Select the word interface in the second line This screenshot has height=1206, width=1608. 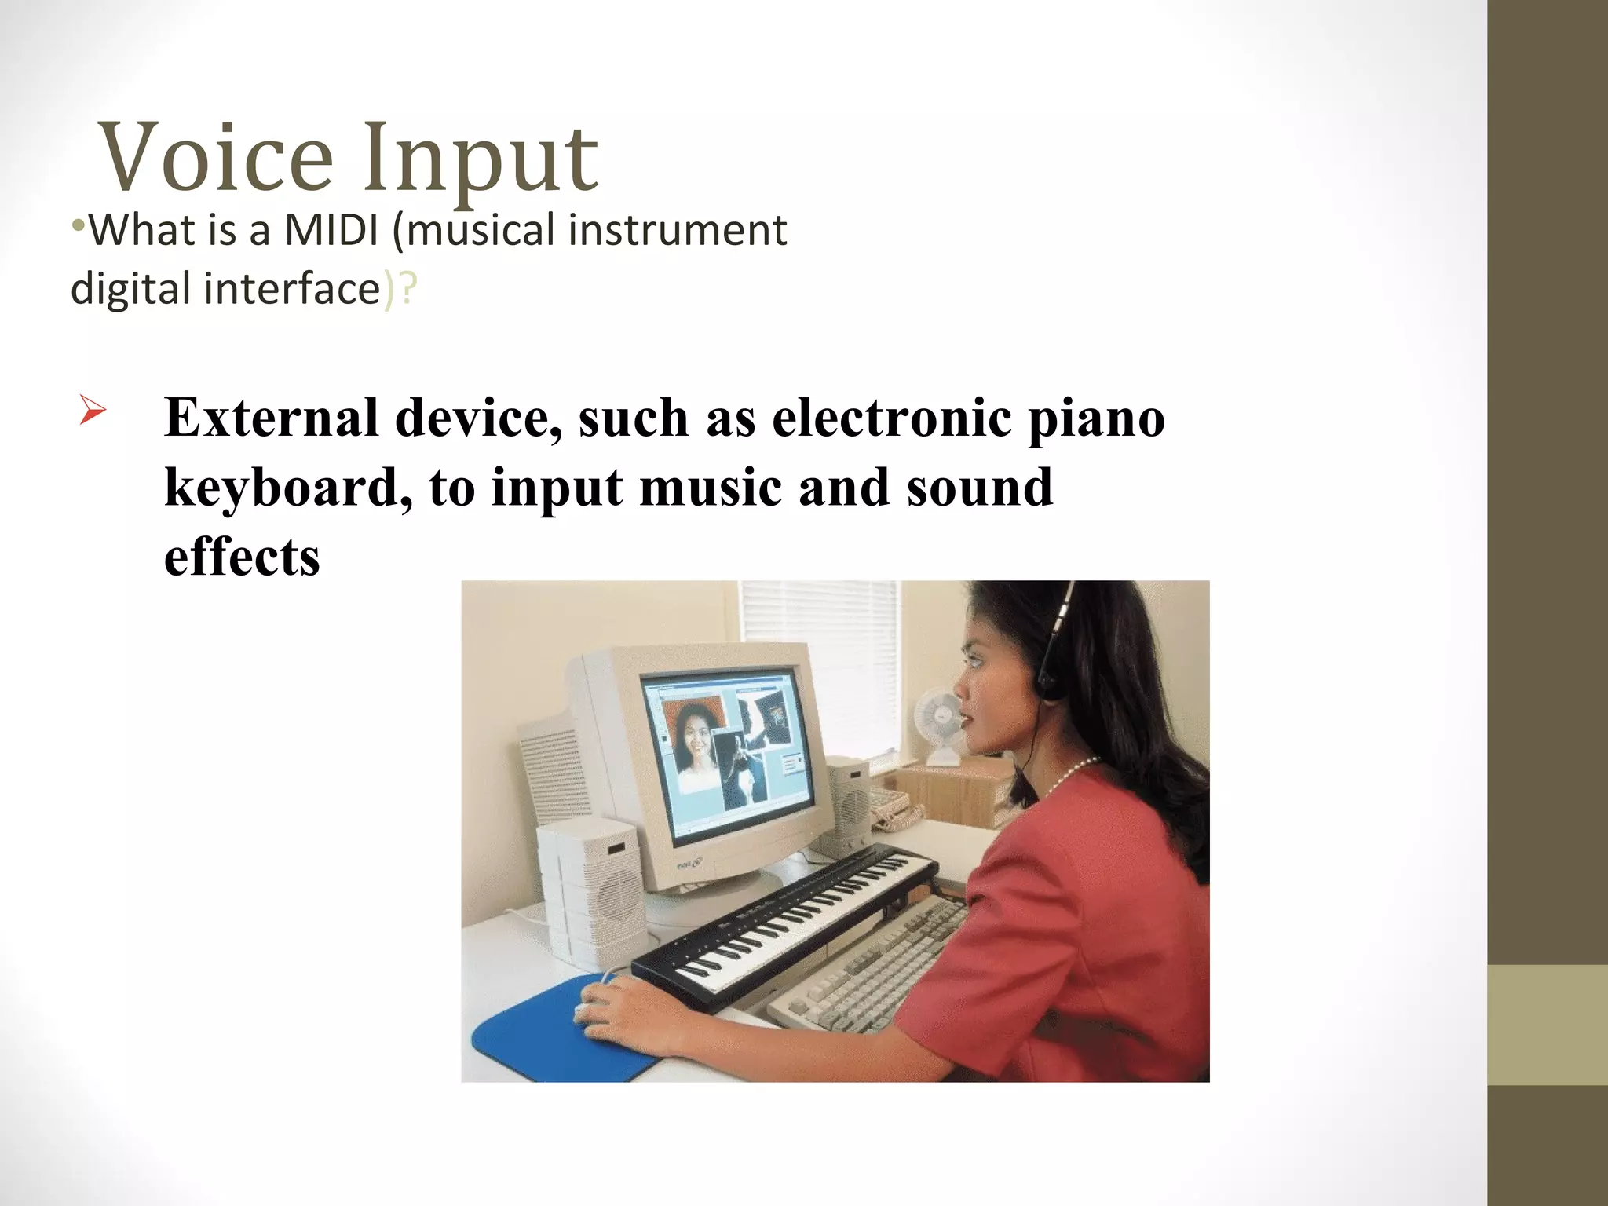[292, 289]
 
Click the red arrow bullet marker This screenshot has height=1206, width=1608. [92, 411]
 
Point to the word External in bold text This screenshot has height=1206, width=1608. [272, 418]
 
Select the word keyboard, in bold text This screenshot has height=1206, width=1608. [287, 488]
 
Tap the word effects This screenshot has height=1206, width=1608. [242, 557]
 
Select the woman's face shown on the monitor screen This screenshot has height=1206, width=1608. [696, 738]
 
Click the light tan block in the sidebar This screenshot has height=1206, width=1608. [1547, 1025]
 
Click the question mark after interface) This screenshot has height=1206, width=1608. [408, 289]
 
